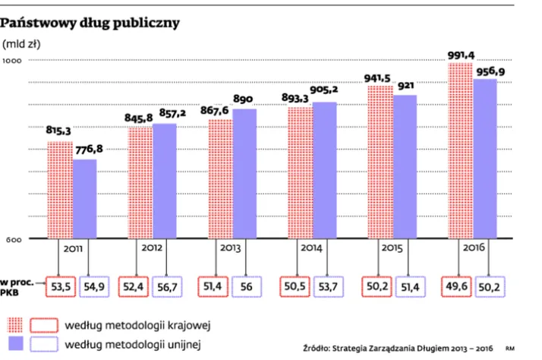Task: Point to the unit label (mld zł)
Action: (x=22, y=43)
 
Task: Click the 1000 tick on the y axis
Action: (x=15, y=61)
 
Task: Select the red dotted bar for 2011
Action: (x=60, y=190)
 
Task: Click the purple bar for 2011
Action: (x=85, y=199)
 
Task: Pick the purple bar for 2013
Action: (x=244, y=174)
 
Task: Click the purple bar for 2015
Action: (x=405, y=167)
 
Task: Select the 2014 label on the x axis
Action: (x=311, y=248)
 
